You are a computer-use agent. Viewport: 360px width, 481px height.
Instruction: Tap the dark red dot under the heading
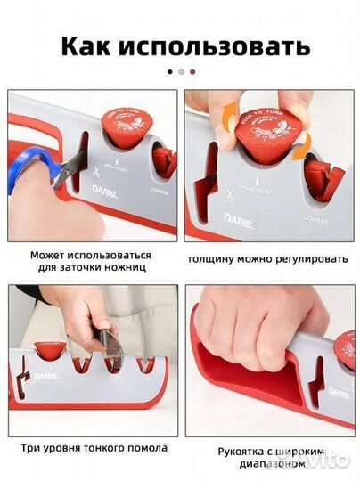(x=192, y=71)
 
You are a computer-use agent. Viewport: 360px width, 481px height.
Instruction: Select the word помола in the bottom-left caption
(x=148, y=449)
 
